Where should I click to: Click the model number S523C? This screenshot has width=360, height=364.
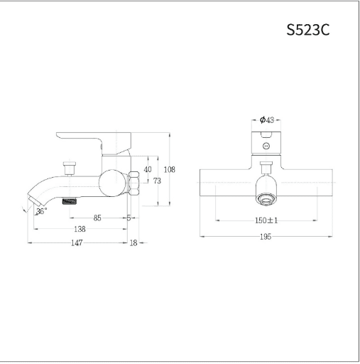point(308,30)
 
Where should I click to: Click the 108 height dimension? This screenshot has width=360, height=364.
point(170,170)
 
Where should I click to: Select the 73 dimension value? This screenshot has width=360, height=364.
point(157,181)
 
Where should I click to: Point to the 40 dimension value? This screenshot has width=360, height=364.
point(148,169)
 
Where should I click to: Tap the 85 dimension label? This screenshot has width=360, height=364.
point(97,218)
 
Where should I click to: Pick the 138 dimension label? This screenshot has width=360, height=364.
point(80,229)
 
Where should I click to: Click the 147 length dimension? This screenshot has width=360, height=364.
point(77,243)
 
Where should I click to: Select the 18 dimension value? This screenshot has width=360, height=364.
point(133,243)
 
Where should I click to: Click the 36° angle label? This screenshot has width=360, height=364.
point(42,210)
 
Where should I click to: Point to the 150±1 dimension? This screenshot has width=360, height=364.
point(266,220)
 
